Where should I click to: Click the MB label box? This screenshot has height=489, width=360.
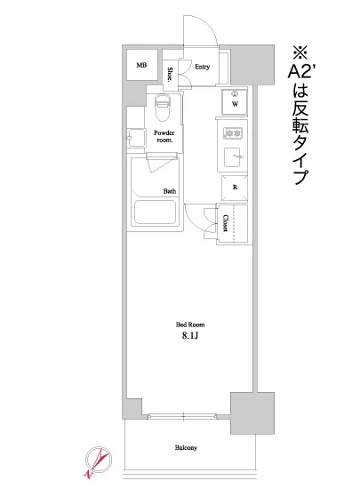tap(141, 65)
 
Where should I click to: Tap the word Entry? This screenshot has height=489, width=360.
tap(202, 66)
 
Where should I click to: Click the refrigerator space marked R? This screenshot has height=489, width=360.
tap(235, 188)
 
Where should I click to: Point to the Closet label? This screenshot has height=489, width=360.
tap(226, 222)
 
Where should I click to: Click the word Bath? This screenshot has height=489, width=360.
tap(169, 191)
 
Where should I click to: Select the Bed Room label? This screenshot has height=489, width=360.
tap(188, 325)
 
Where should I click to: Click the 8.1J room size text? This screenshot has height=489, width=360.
tap(188, 337)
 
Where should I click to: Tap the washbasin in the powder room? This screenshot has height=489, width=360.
tap(133, 136)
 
